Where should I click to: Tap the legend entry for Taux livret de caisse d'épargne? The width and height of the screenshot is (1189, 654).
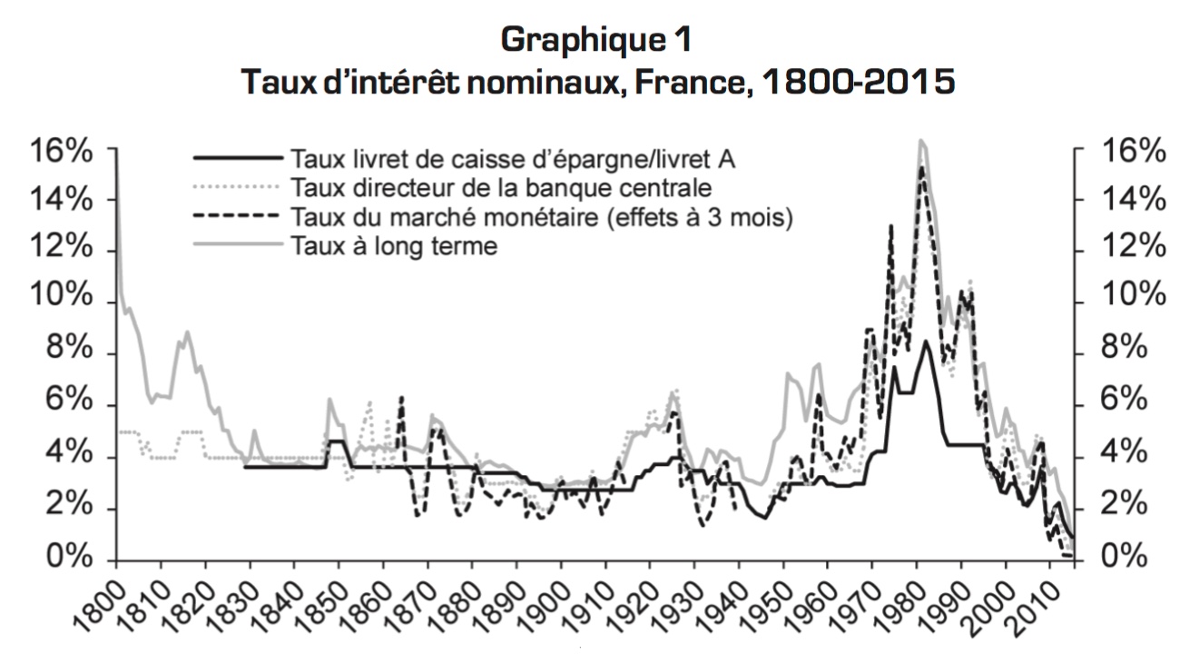pos(513,159)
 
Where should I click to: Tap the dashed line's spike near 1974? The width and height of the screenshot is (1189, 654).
pos(891,226)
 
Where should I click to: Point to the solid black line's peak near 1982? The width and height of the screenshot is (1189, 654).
pos(925,342)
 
